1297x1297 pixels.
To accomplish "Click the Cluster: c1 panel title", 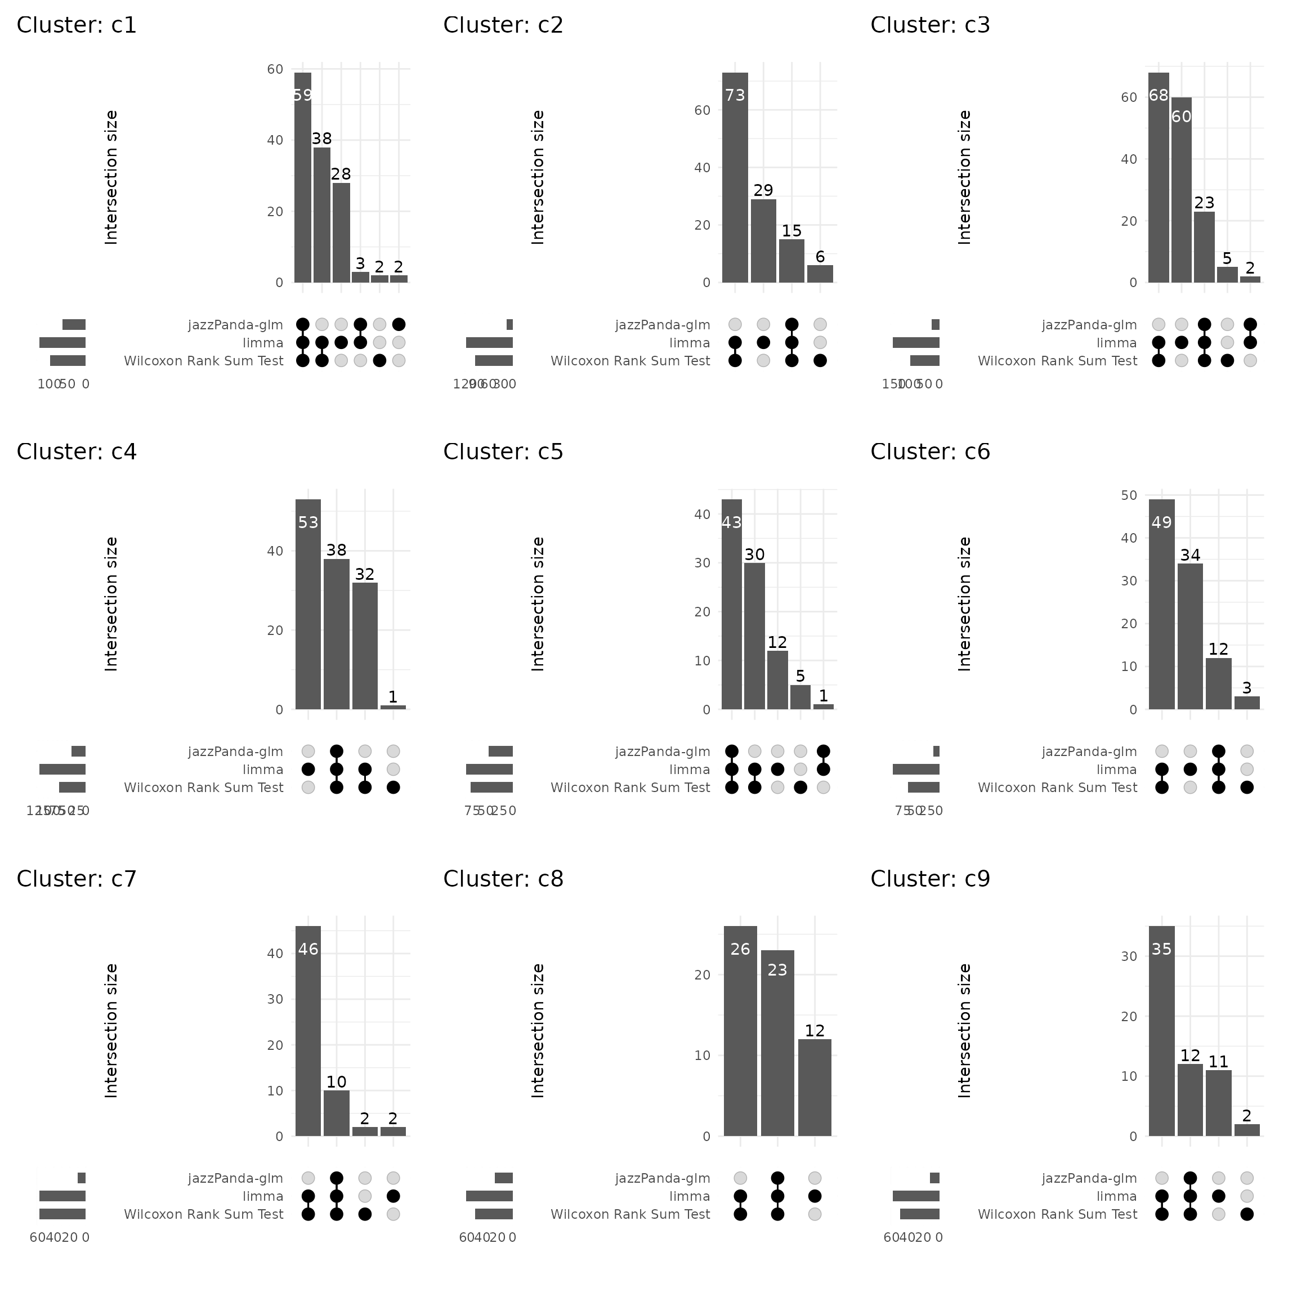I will [x=77, y=25].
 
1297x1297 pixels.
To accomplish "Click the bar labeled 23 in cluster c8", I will [x=777, y=1043].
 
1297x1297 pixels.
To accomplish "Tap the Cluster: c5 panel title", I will [x=503, y=452].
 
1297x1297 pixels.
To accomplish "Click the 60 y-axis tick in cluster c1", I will [x=275, y=69].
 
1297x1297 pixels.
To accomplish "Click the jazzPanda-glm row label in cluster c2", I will [x=663, y=325].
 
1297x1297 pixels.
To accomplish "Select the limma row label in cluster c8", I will [x=690, y=1196].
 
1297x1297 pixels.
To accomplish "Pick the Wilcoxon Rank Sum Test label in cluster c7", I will [x=203, y=1214].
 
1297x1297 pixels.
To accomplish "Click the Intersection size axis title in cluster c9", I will [x=965, y=1031].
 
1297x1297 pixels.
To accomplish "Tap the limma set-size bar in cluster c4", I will [x=62, y=770].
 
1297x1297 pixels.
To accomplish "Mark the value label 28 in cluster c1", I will [x=341, y=175].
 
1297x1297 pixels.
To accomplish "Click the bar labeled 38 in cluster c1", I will [x=321, y=215].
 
